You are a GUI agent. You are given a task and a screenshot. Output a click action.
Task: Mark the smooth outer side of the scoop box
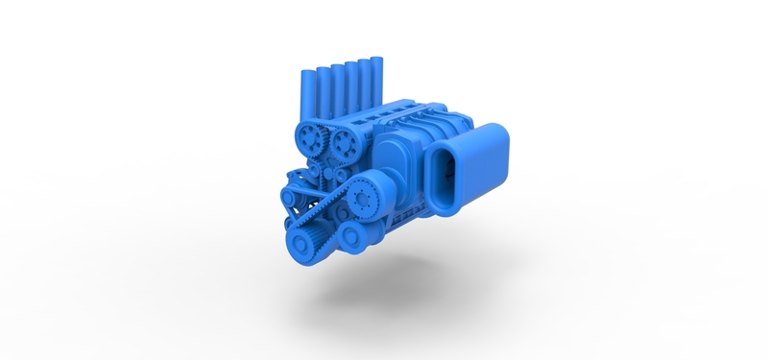point(485,163)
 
